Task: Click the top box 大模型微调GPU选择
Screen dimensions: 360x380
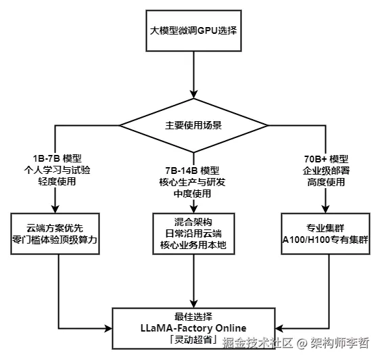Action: (193, 31)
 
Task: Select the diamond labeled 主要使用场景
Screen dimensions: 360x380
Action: (193, 126)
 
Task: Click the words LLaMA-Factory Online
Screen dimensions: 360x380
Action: (193, 328)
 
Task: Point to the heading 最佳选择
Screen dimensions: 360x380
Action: (193, 316)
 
